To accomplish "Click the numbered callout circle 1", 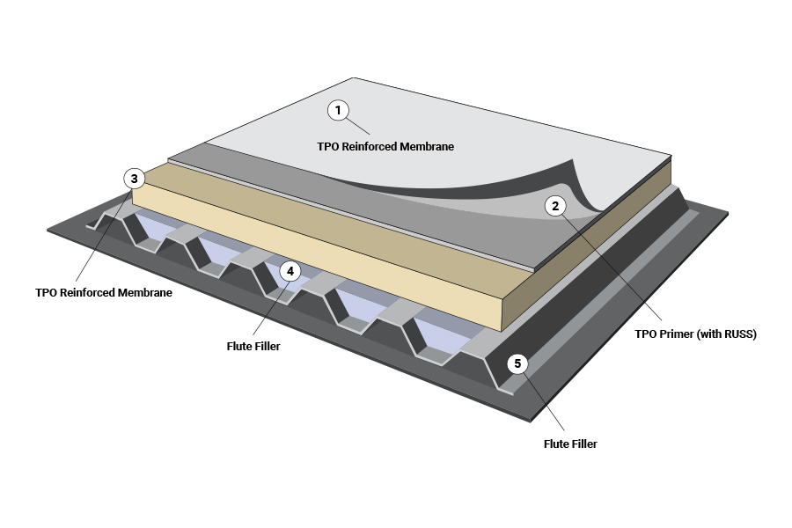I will click(338, 110).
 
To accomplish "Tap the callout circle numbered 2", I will click(554, 206).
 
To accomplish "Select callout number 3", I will click(134, 179).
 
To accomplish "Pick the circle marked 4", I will click(290, 271).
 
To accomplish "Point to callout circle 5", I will click(517, 363).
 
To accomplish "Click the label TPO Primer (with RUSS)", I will click(695, 334).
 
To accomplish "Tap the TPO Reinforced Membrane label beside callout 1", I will click(385, 147).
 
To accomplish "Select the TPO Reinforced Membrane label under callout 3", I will click(104, 292).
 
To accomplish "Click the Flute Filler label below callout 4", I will click(253, 347).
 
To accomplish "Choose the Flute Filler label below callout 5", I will click(570, 444).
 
